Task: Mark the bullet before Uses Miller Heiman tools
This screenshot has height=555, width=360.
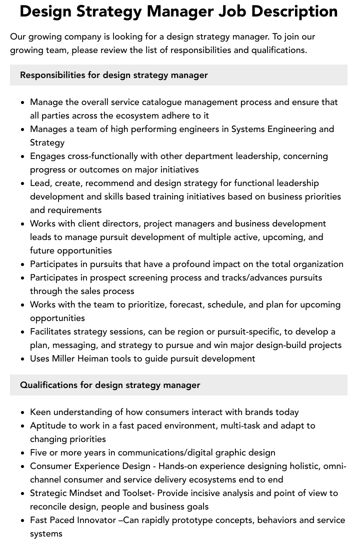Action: click(23, 359)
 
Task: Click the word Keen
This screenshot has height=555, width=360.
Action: click(40, 412)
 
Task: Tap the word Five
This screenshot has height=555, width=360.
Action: click(39, 452)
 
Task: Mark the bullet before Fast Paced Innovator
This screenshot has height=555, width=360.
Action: click(23, 520)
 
